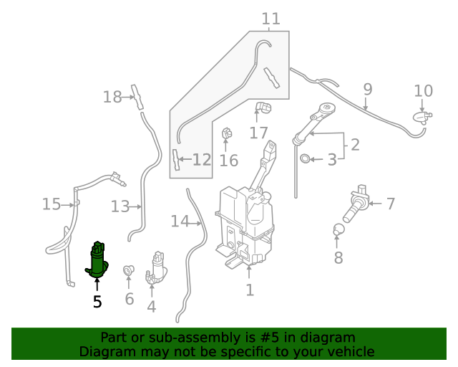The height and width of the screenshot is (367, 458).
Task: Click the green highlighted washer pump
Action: pos(97,259)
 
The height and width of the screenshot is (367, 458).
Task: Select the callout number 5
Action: pos(97,302)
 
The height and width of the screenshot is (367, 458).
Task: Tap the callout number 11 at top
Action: pos(271,19)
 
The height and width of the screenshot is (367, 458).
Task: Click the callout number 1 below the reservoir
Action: pos(249,290)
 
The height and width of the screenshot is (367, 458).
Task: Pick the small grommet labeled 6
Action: pos(129,270)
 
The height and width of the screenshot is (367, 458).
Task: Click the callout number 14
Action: pos(180,221)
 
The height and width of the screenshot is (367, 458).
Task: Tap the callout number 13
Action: pos(120,207)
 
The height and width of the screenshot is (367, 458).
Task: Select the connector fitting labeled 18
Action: pos(135,95)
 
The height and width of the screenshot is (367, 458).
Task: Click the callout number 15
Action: pos(51,204)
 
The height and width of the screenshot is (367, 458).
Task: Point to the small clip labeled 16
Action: pos(228,134)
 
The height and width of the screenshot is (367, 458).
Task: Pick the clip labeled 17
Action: pos(263,108)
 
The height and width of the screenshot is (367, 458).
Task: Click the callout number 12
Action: pos(202,160)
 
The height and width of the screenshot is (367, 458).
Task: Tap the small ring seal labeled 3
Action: pos(305,158)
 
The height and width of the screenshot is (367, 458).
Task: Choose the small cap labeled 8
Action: pos(339,230)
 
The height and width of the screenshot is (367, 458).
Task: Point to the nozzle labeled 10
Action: pos(422,117)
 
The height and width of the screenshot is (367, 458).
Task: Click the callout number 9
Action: pos(367,90)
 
